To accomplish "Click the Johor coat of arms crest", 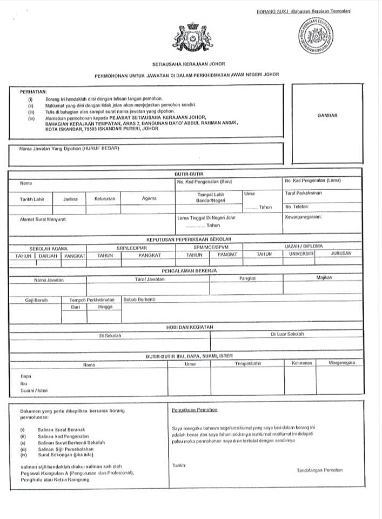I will tap(191, 36).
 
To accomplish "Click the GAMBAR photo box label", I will tap(327, 115).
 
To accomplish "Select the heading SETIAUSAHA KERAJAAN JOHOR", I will tap(189, 64).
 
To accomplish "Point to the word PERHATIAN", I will tap(33, 91).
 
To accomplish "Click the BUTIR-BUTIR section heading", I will tap(188, 175).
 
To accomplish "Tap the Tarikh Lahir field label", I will tap(32, 199).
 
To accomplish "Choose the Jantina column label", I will tap(71, 199).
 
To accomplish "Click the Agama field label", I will tap(149, 198).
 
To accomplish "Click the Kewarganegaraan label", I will tap(304, 217).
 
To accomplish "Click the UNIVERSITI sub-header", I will tap(302, 254).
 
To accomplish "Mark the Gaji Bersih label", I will tap(37, 300).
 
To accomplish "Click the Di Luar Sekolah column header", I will tap(287, 334).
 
